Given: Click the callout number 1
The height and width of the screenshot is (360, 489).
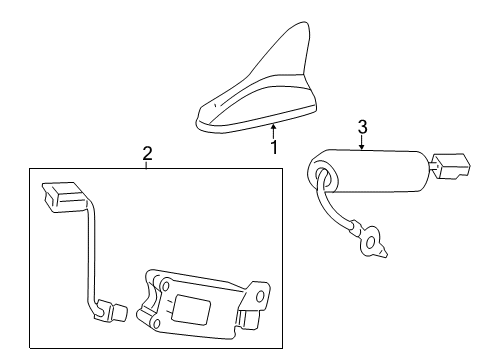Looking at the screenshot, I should coord(273,147).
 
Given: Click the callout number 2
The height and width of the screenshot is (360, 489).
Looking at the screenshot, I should coord(146,153).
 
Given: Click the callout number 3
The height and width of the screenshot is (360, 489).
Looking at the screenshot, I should coord(363,127).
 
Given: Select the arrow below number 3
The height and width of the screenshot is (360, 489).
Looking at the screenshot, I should coord(363,143).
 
